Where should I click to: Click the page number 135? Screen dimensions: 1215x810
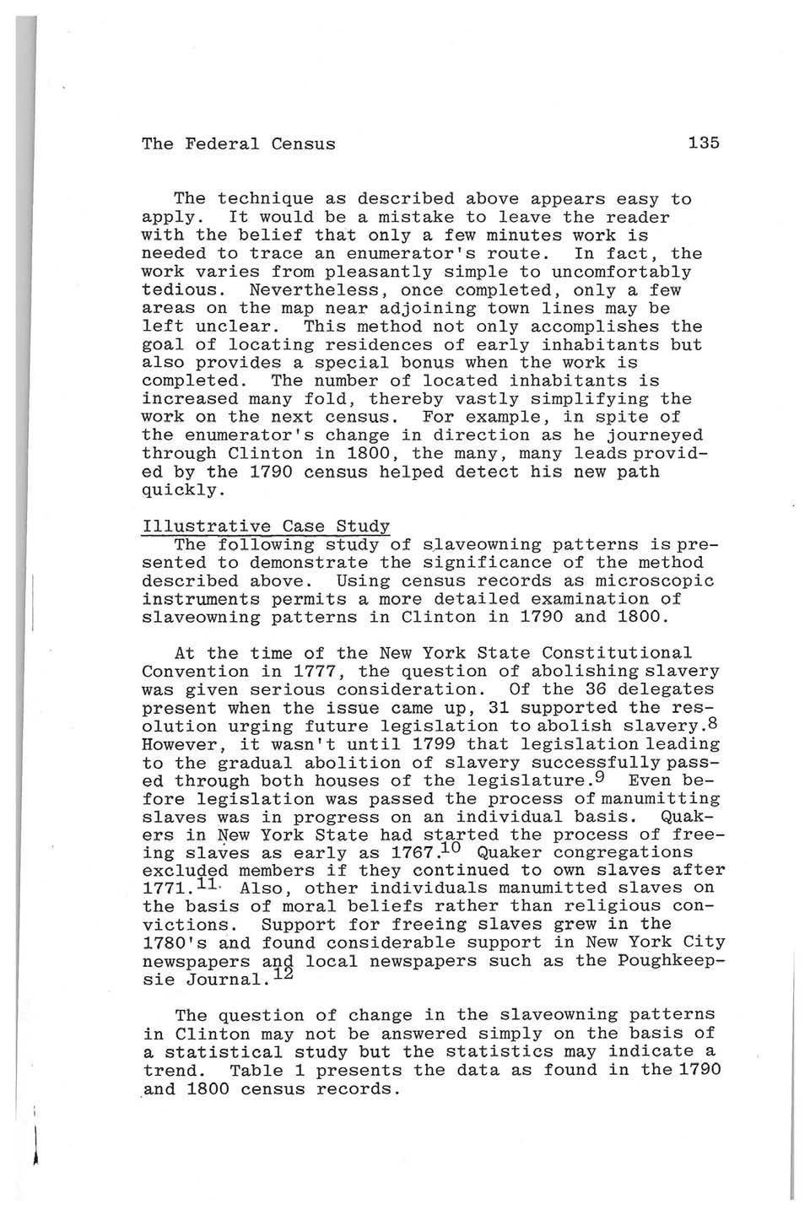pos(703,143)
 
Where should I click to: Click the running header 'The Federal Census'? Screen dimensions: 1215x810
pos(238,143)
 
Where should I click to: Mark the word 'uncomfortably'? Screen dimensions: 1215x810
pos(622,272)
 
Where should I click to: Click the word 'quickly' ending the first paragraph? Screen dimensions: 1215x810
pos(179,490)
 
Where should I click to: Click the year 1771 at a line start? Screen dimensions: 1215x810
pos(163,888)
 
